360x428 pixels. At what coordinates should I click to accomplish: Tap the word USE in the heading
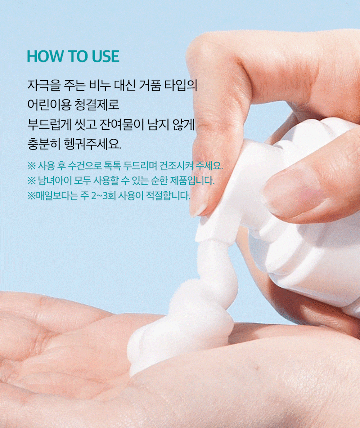(x=105, y=56)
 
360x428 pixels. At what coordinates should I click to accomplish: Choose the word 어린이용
(x=49, y=105)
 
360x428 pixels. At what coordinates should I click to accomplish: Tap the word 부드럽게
(x=49, y=124)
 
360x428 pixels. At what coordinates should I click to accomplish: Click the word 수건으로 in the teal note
(x=85, y=165)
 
